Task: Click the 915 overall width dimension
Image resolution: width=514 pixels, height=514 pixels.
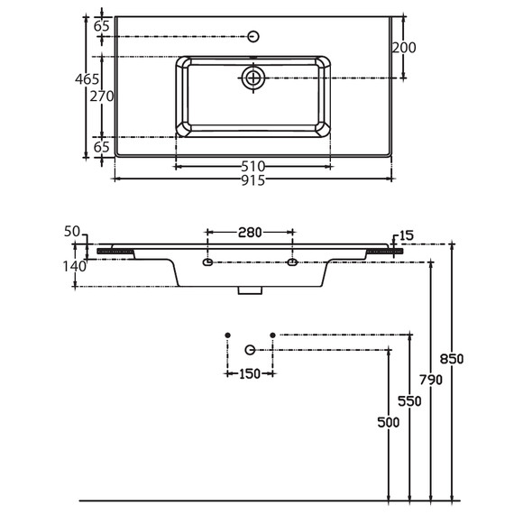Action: (252, 180)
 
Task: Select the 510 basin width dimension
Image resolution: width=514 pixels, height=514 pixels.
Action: (252, 167)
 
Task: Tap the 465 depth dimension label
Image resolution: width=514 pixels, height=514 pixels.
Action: (87, 79)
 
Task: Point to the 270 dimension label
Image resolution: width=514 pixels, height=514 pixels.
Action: (102, 96)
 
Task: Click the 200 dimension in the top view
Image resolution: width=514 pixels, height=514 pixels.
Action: (404, 48)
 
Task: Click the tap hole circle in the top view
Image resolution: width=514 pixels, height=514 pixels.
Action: (253, 36)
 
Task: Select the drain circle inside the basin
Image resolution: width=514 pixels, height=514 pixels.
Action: (253, 78)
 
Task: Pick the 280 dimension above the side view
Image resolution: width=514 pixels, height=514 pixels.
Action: (250, 233)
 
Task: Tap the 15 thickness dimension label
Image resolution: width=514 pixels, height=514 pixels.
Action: (407, 235)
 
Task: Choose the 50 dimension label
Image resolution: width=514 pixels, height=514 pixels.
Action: (72, 232)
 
